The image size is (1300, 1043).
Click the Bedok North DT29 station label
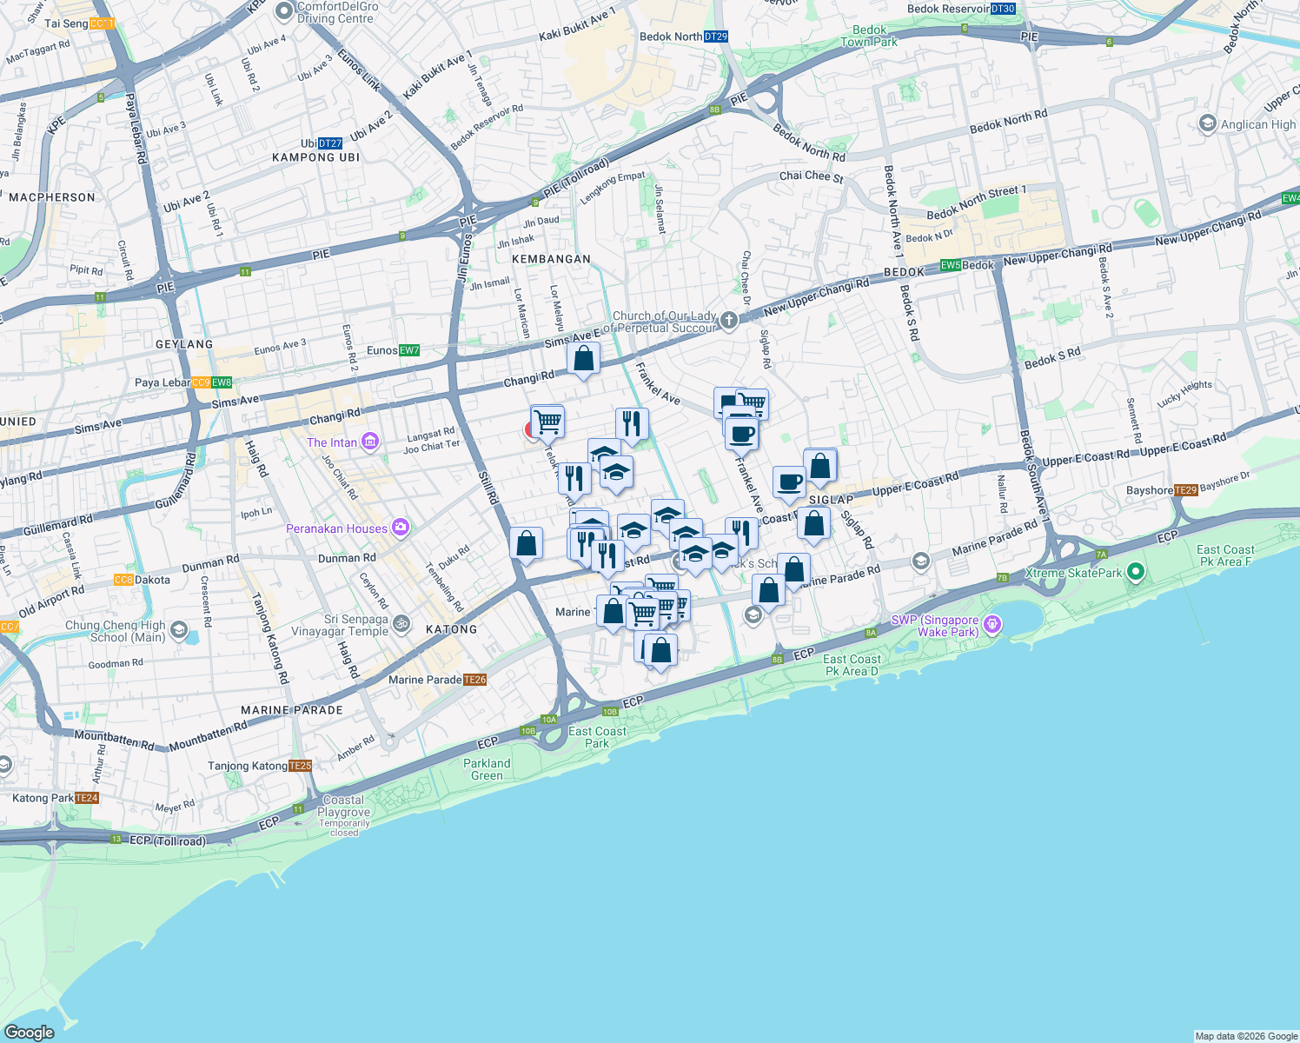click(x=683, y=37)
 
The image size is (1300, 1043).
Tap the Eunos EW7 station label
click(x=393, y=351)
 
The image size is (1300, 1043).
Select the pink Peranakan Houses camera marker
click(x=400, y=527)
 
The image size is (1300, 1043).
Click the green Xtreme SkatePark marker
click(x=1134, y=572)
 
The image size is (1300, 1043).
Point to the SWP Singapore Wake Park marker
click(x=993, y=625)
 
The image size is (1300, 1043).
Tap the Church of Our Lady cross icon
click(x=728, y=321)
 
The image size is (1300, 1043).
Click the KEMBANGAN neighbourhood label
click(x=551, y=259)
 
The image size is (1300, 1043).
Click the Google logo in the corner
click(x=29, y=1032)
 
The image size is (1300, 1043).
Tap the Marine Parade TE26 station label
click(x=437, y=680)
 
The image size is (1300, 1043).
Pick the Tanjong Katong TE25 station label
click(x=259, y=766)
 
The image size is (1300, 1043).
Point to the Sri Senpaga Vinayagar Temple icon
click(x=401, y=623)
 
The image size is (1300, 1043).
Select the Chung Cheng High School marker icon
click(x=178, y=630)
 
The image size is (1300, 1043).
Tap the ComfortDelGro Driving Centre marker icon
click(x=284, y=11)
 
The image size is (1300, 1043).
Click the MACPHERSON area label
click(x=52, y=197)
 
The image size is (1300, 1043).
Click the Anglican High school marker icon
click(x=1207, y=123)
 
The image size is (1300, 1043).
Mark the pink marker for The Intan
click(x=370, y=442)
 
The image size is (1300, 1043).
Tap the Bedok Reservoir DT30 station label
click(x=960, y=9)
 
